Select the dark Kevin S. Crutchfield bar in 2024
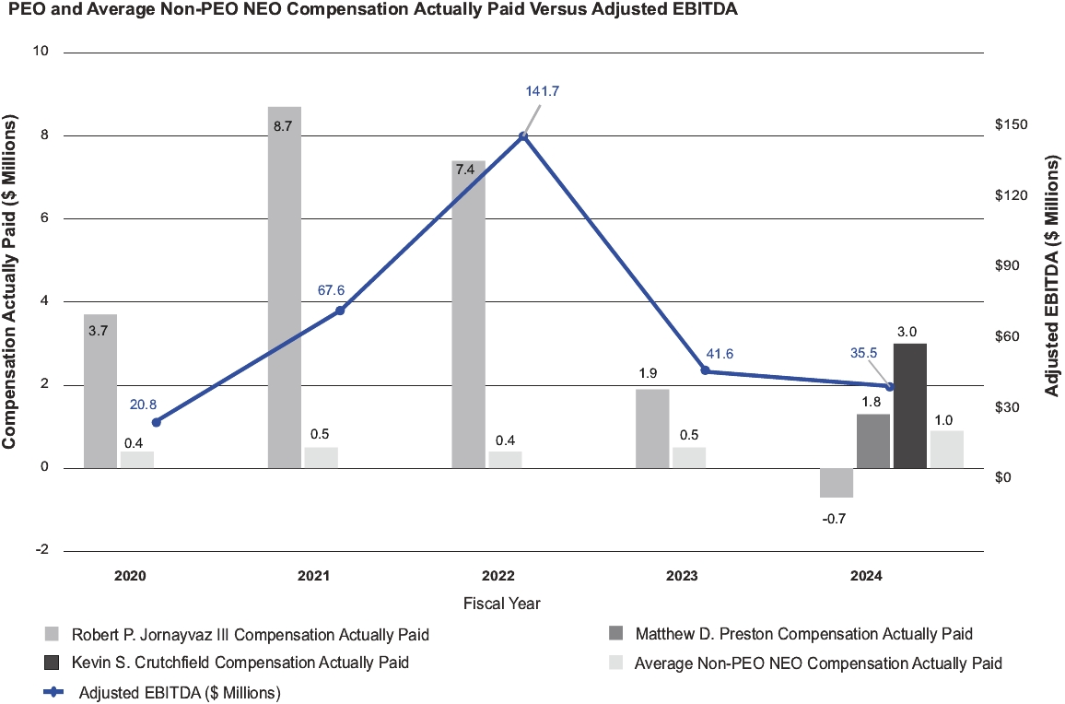pos(910,405)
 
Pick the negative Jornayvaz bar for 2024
pos(837,483)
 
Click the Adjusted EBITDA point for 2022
pos(523,135)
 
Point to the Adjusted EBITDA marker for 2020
pos(157,422)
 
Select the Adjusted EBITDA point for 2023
pos(706,370)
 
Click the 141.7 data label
pos(543,91)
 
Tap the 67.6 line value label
pos(331,290)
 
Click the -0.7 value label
pos(835,519)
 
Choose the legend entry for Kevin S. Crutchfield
pos(226,663)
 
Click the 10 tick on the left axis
pos(40,52)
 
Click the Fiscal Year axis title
pos(502,604)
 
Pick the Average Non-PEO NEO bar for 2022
pos(505,459)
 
